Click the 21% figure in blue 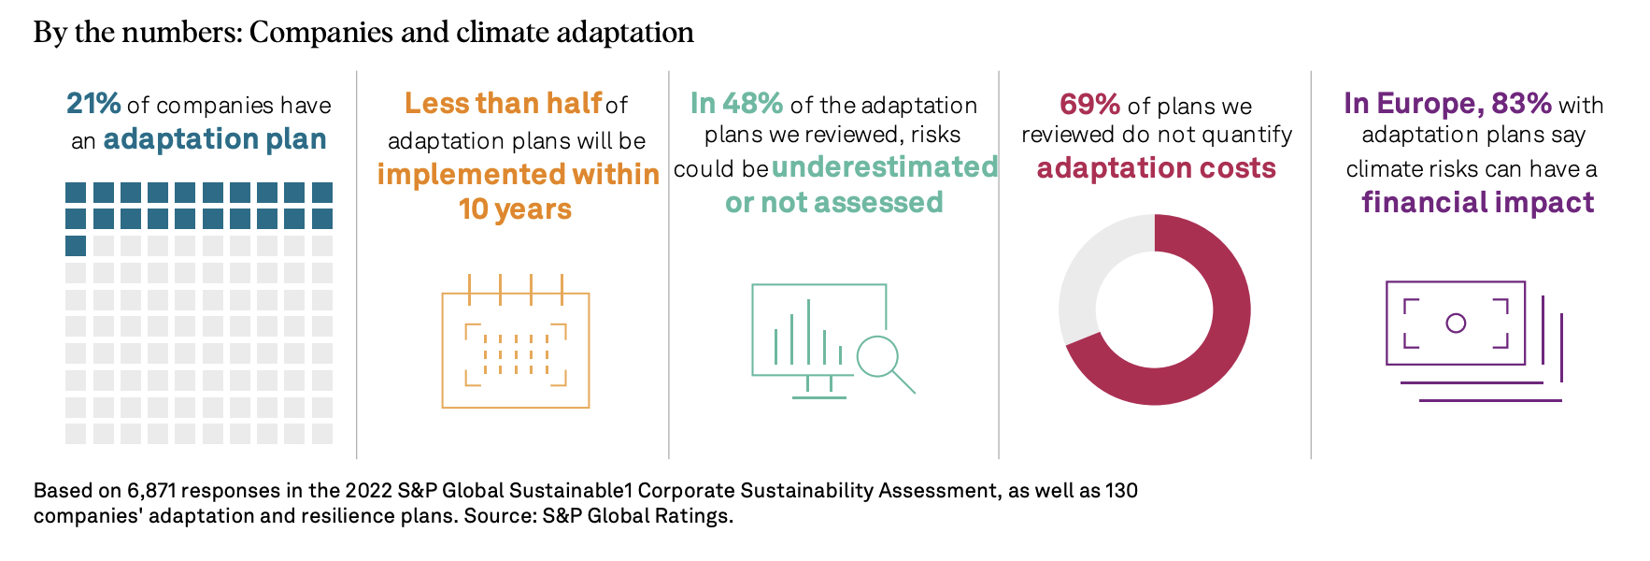point(93,103)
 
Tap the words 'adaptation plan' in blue point(215,139)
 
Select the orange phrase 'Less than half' point(504,103)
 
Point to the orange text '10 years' point(515,209)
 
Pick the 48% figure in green point(752,103)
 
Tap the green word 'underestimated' point(885,167)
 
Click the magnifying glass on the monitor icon point(879,357)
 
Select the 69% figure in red point(1089,104)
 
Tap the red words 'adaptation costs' point(1156,168)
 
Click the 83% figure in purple point(1521,103)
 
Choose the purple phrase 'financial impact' point(1477,203)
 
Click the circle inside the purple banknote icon point(1456,324)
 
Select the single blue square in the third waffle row point(76,246)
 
